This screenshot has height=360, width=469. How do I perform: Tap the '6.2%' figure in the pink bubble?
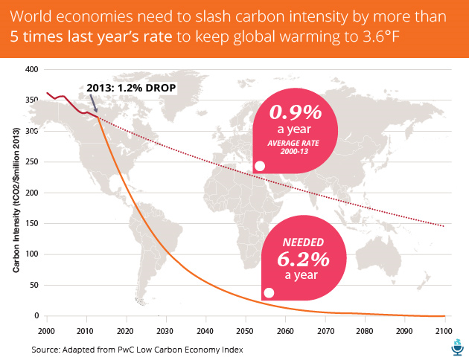click(304, 260)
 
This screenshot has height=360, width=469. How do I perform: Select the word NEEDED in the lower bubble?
click(304, 242)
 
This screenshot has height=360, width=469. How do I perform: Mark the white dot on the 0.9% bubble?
click(260, 166)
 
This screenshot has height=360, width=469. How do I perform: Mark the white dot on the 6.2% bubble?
click(269, 293)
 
